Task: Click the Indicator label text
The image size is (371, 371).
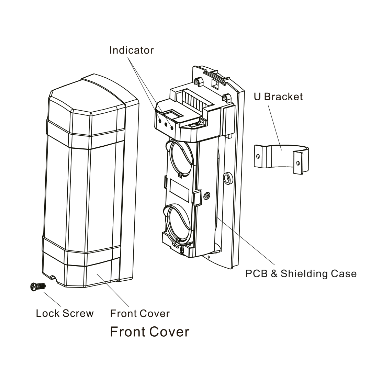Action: (x=131, y=50)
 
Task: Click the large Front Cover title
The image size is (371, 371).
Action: (x=149, y=332)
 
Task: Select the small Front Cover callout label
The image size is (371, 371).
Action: (x=140, y=313)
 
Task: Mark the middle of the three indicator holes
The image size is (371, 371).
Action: (x=166, y=124)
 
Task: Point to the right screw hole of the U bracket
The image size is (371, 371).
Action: (x=298, y=162)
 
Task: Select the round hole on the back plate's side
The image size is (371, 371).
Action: (x=227, y=178)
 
